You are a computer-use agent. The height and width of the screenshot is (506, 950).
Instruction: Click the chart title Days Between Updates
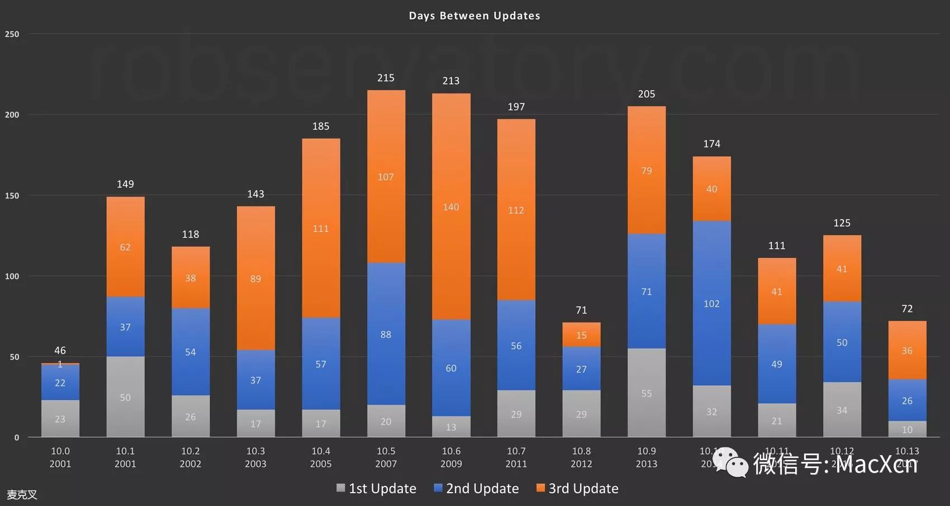474,16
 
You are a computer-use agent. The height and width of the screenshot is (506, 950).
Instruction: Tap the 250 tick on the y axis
12,34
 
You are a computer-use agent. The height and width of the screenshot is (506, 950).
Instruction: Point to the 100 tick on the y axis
12,276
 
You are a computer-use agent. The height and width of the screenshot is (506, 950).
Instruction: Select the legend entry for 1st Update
376,489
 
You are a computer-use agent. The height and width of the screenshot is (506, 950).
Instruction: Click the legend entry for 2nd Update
476,489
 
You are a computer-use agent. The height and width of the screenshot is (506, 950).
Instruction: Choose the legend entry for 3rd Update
577,489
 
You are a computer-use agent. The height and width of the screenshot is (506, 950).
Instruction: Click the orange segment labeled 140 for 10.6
451,207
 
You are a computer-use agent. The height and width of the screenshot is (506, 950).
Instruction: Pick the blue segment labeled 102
711,304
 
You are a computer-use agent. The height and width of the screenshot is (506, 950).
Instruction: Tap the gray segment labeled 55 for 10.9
647,393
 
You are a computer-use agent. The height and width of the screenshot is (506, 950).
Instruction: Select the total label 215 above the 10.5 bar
386,78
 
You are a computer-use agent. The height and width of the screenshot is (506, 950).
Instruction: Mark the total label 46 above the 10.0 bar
60,351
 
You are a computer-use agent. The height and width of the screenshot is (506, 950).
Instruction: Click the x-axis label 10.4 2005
321,457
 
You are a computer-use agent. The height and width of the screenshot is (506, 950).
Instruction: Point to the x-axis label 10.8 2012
581,457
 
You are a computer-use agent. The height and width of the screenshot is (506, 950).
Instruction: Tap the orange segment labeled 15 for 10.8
581,335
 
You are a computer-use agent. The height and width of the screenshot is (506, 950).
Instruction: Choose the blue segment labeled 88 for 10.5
386,334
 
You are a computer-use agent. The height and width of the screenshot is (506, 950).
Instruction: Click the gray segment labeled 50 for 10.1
125,397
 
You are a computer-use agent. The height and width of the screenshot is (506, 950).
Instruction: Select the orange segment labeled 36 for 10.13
907,351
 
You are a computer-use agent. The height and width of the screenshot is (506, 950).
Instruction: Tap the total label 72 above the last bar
907,309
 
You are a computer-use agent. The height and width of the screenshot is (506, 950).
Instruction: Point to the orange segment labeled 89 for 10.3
255,278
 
